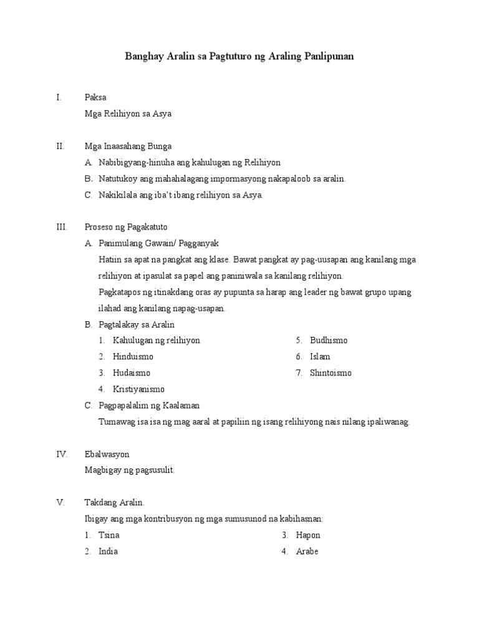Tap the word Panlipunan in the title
click(329, 56)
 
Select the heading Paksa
click(95, 97)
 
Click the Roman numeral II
click(60, 146)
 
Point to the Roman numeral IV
click(62, 454)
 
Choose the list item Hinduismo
click(133, 357)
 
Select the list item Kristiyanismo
click(138, 389)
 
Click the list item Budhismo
click(329, 341)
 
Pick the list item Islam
click(320, 357)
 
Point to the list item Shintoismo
click(331, 373)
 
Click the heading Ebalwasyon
click(107, 454)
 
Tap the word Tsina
click(109, 535)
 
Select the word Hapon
click(308, 535)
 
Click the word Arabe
click(307, 551)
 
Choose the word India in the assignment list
click(108, 551)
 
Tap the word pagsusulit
click(152, 470)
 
